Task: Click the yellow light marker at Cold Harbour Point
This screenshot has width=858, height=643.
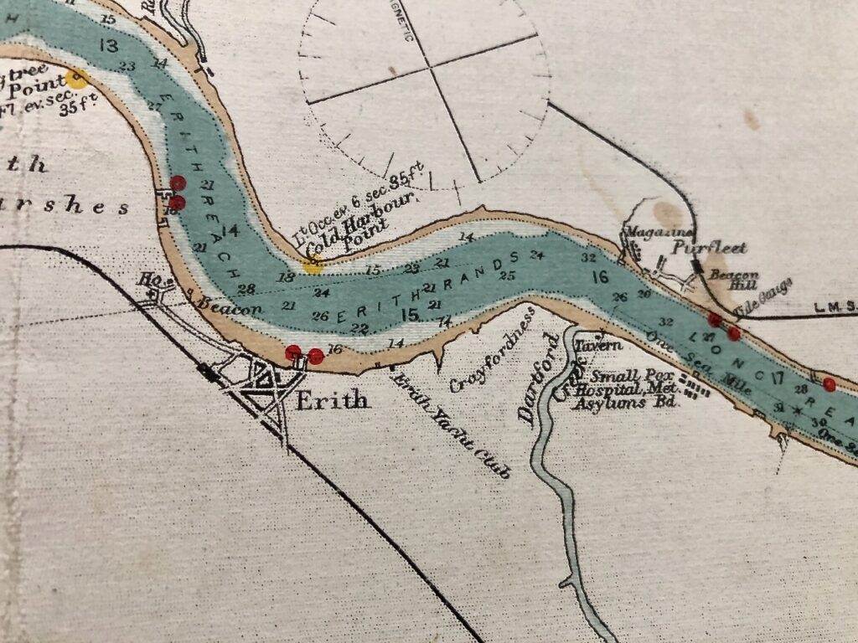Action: (313, 266)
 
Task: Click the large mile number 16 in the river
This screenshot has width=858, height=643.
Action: (599, 276)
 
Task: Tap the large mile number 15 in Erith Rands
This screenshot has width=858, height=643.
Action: (410, 314)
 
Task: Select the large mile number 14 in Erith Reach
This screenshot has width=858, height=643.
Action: (231, 230)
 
